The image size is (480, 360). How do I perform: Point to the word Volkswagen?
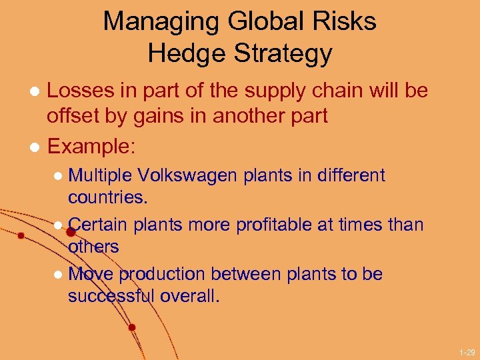(188, 177)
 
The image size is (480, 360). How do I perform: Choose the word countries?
(107, 198)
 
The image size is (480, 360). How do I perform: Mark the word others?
(93, 247)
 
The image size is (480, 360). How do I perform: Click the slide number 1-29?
(467, 351)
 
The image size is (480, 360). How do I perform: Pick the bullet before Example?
(38, 145)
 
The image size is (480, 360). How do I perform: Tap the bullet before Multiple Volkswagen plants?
(59, 177)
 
